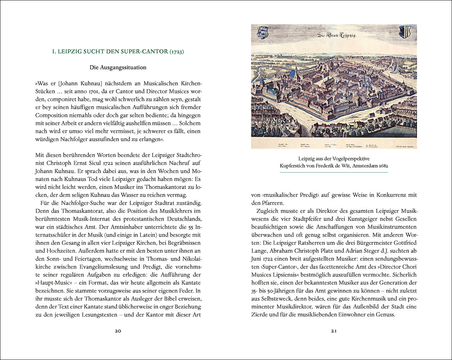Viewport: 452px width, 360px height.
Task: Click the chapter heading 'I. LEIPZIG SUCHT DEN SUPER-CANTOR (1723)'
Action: pos(118,52)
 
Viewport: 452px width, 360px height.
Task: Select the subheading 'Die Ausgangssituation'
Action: pos(118,67)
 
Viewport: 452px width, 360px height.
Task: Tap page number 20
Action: pos(118,331)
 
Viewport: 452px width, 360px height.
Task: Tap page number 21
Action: pos(334,331)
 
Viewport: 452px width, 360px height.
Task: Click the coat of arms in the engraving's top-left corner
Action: pos(262,32)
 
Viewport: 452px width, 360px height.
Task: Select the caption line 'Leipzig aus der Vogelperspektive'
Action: pos(334,158)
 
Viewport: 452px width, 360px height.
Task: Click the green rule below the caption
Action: pos(334,172)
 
